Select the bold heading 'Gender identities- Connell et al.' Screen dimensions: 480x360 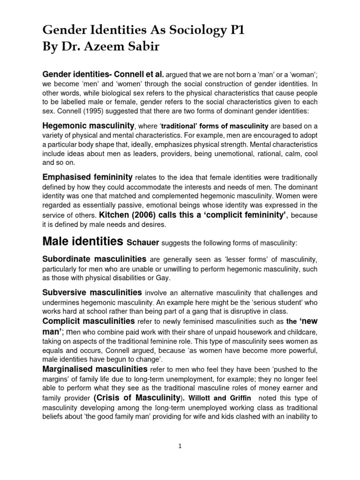click(x=103, y=74)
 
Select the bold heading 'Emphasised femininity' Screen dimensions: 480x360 click(x=87, y=177)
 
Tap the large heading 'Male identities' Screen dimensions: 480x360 click(x=83, y=242)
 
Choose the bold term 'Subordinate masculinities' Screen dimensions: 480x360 click(x=94, y=259)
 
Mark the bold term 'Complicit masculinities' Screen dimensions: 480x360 click(x=88, y=321)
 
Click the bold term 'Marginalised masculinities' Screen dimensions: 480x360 click(x=94, y=369)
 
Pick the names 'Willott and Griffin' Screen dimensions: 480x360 click(x=219, y=398)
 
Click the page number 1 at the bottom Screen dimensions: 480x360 click(x=180, y=447)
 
